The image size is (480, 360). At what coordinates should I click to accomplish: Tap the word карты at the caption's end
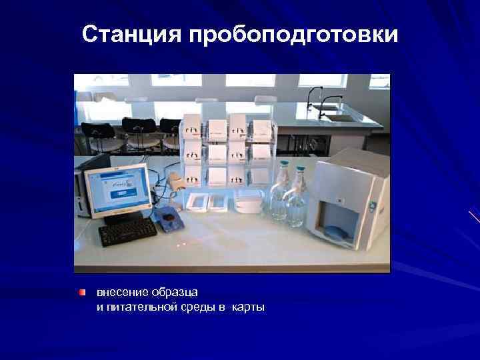pos(249,307)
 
